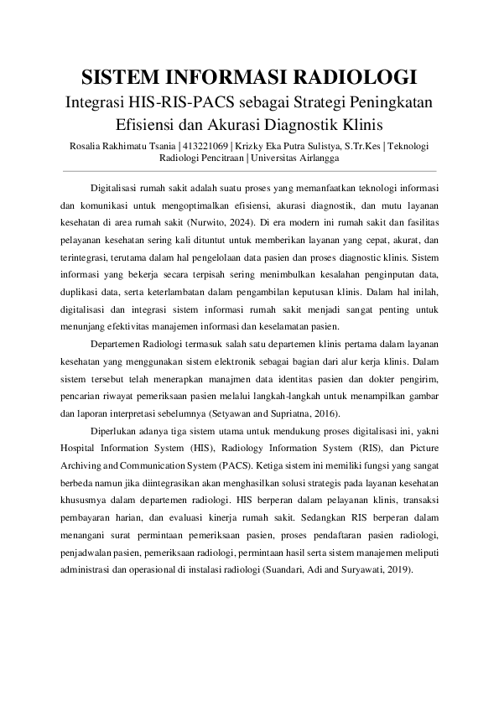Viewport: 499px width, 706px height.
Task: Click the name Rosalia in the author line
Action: [88, 146]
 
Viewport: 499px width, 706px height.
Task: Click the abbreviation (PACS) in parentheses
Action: [221, 466]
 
